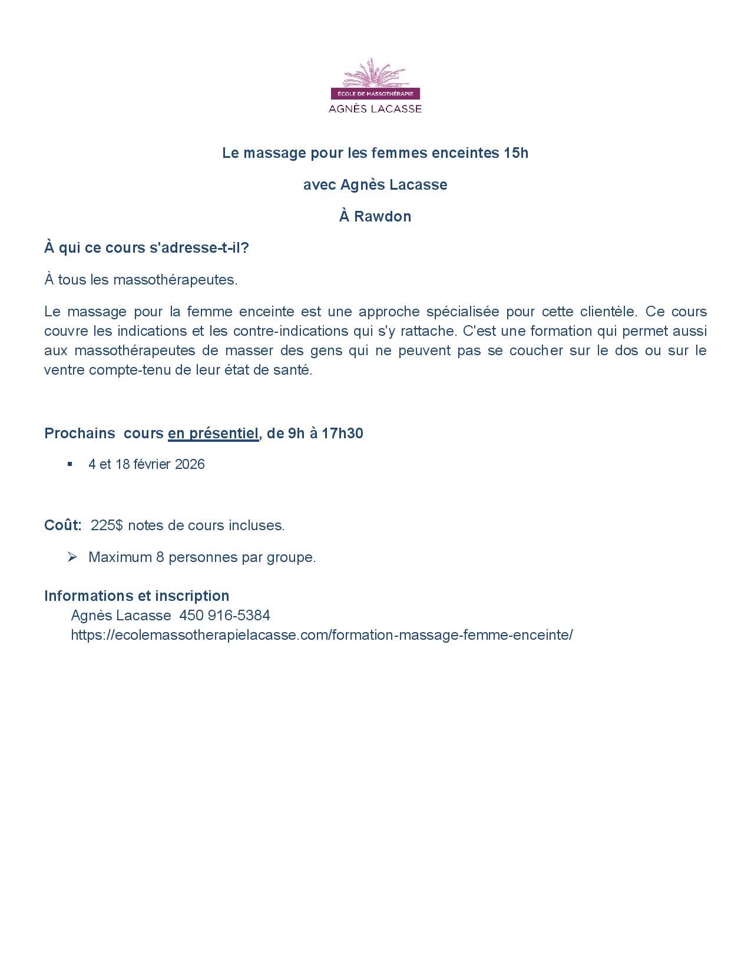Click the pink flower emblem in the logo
(375, 73)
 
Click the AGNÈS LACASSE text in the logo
(375, 108)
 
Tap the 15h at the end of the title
(516, 153)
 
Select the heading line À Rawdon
(375, 217)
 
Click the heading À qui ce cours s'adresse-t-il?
(147, 248)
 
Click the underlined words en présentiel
(213, 434)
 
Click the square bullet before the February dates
(70, 464)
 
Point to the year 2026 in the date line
(190, 464)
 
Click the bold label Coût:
(63, 525)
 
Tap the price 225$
(107, 525)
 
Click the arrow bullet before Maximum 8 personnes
(72, 557)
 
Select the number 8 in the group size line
(160, 557)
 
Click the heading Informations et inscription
(137, 596)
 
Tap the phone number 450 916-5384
(224, 616)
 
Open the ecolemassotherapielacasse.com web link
(322, 635)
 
